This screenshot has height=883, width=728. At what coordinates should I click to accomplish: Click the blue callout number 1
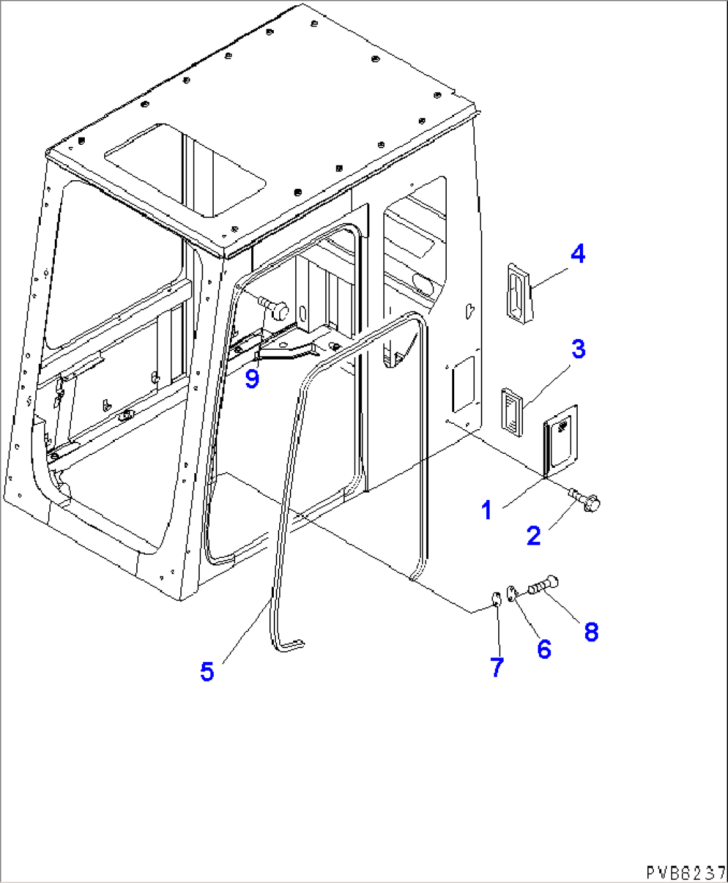pyautogui.click(x=487, y=510)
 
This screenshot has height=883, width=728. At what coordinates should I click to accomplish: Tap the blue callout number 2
pyautogui.click(x=534, y=535)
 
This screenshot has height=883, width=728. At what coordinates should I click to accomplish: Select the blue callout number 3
pyautogui.click(x=578, y=349)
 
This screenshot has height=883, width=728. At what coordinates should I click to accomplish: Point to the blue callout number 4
pyautogui.click(x=578, y=254)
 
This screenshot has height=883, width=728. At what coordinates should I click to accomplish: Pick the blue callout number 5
pyautogui.click(x=207, y=671)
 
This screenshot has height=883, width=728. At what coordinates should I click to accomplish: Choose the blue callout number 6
pyautogui.click(x=544, y=649)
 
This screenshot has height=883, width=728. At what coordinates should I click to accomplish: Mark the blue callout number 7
pyautogui.click(x=496, y=667)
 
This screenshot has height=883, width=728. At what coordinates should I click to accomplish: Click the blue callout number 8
pyautogui.click(x=591, y=632)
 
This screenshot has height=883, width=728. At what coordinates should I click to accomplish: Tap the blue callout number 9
pyautogui.click(x=252, y=378)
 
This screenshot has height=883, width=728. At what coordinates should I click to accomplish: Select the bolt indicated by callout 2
pyautogui.click(x=585, y=500)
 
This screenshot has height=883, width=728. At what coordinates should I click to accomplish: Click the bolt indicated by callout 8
pyautogui.click(x=543, y=585)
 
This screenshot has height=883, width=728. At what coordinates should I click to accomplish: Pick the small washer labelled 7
pyautogui.click(x=496, y=599)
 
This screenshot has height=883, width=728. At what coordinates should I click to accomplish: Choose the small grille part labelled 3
pyautogui.click(x=512, y=412)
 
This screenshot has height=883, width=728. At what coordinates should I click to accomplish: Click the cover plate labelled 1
pyautogui.click(x=560, y=442)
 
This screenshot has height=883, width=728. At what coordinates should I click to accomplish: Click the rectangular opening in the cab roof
pyautogui.click(x=185, y=170)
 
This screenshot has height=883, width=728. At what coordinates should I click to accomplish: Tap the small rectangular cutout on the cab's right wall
pyautogui.click(x=464, y=384)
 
